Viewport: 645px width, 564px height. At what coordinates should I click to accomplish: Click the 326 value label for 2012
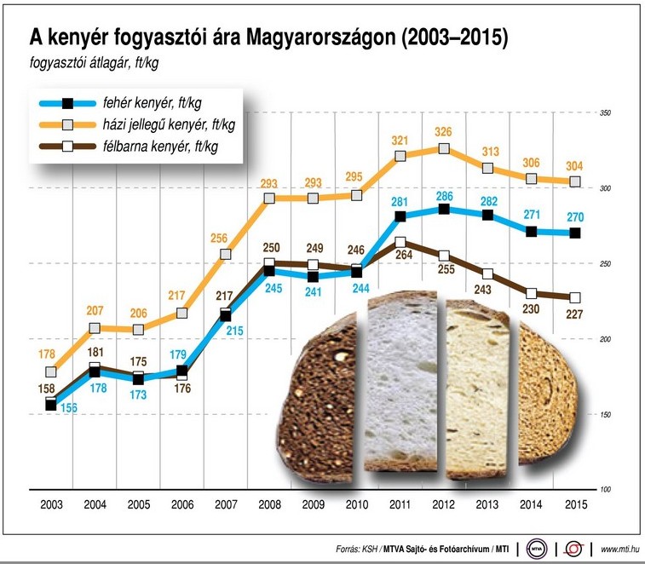pyautogui.click(x=443, y=133)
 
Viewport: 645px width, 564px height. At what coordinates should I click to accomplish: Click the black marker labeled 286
pyautogui.click(x=444, y=209)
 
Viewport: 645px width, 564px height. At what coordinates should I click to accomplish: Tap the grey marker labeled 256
pyautogui.click(x=226, y=254)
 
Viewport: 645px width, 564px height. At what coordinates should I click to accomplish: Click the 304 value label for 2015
pyautogui.click(x=575, y=165)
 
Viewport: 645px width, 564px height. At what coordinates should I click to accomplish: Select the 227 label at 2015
pyautogui.click(x=574, y=313)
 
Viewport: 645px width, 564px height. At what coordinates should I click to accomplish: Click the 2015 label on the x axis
pyautogui.click(x=575, y=504)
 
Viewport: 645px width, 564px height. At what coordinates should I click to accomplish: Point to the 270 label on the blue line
pyautogui.click(x=575, y=216)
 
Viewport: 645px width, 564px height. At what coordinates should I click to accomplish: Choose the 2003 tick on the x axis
pyautogui.click(x=51, y=504)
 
